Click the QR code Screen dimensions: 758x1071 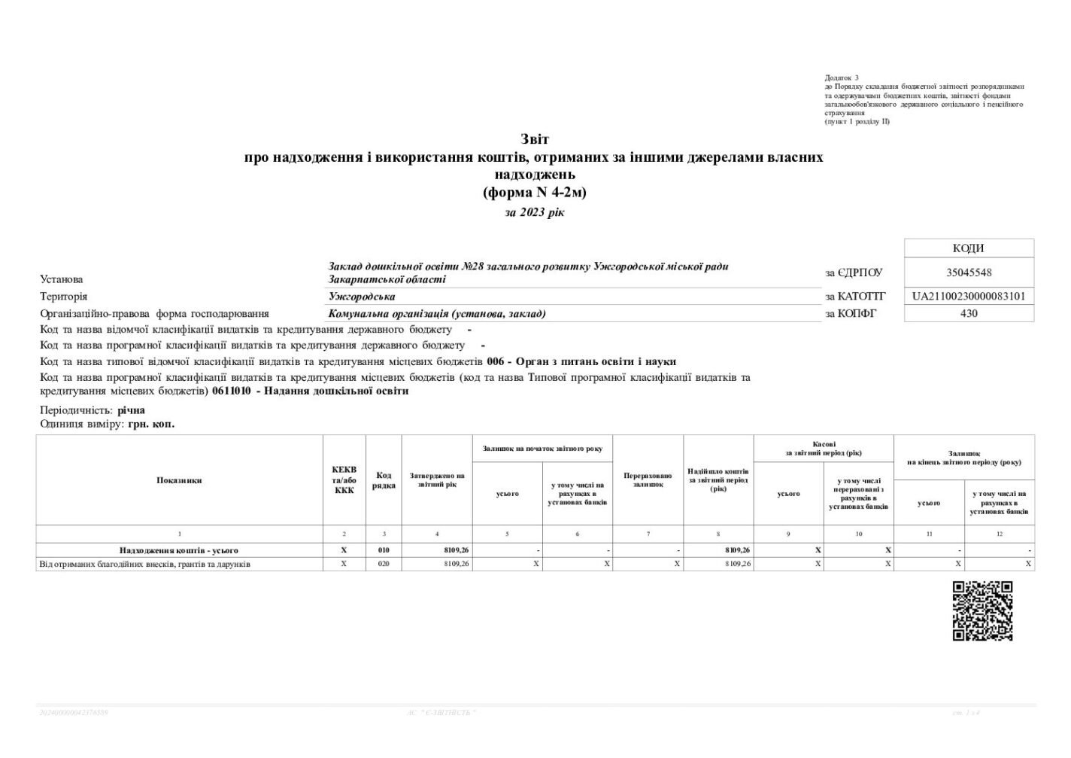tap(982, 610)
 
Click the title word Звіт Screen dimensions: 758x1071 tap(535, 139)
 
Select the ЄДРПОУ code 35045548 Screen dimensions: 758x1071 tap(969, 272)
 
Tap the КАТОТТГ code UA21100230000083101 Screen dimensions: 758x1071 tap(969, 297)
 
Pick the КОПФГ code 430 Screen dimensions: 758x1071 tap(969, 313)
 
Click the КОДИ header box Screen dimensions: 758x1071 tap(969, 248)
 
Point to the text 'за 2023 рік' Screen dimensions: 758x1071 tap(535, 212)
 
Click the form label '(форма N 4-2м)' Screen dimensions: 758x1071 tap(535, 193)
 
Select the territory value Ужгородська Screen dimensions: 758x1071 tap(362, 297)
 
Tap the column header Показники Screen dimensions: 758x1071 tap(179, 480)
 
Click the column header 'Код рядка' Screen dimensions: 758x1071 tap(384, 480)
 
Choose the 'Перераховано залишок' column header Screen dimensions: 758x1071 tap(648, 480)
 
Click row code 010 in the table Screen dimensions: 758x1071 tap(384, 550)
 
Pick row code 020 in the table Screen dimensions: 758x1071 tap(384, 564)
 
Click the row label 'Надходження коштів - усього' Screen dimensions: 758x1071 tap(179, 550)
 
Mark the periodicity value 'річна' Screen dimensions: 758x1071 tap(131, 410)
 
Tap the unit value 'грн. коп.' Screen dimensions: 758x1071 tap(151, 425)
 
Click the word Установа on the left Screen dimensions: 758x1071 tap(62, 279)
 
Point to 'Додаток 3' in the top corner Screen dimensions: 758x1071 tap(842, 78)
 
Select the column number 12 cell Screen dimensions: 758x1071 tap(999, 534)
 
